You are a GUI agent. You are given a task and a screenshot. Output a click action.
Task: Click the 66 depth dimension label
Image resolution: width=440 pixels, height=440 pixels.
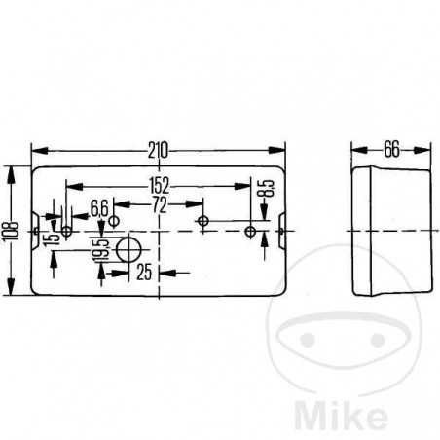click(x=391, y=149)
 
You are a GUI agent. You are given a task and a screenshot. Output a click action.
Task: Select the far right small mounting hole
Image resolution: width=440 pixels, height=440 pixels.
click(x=252, y=232)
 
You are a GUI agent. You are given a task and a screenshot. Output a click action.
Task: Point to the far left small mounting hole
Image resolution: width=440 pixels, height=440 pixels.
click(x=66, y=232)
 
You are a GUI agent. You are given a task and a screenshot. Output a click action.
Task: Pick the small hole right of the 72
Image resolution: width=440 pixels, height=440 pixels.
click(x=202, y=222)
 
